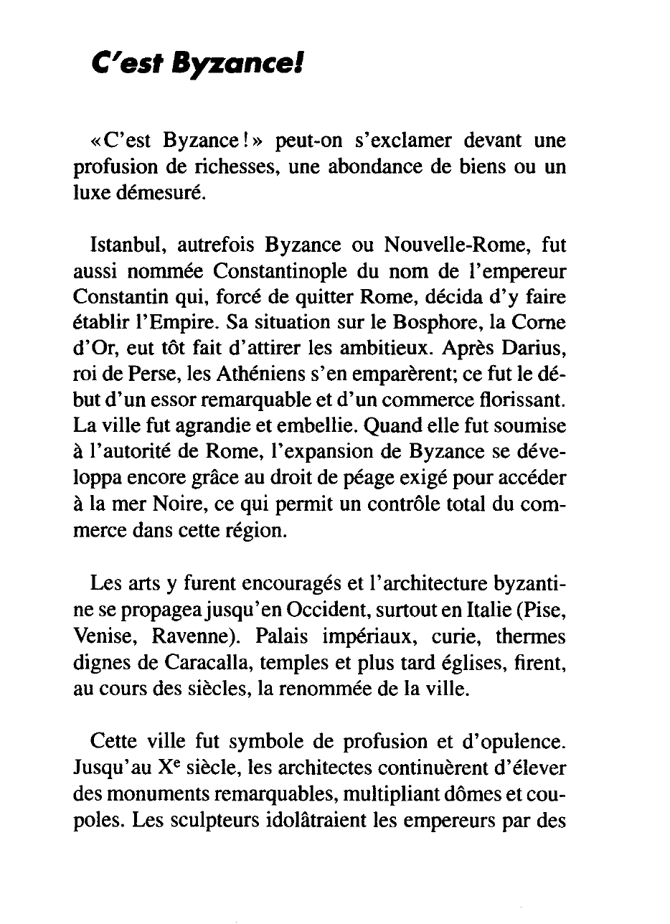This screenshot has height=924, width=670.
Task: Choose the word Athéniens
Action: (x=256, y=376)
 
